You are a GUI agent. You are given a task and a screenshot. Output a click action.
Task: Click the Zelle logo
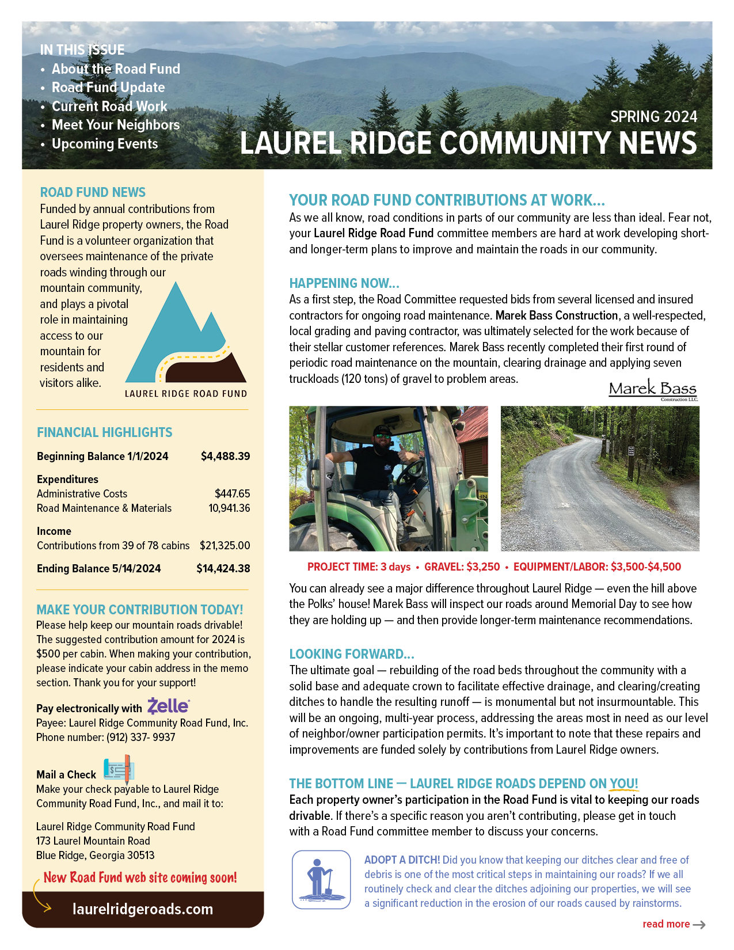(x=168, y=706)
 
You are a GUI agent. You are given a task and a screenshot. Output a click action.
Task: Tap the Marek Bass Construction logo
(x=653, y=390)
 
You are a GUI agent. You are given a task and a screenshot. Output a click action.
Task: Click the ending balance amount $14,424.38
(x=223, y=569)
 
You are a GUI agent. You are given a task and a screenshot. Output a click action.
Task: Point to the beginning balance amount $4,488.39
(x=225, y=457)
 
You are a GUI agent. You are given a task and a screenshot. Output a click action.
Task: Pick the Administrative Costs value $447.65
(x=232, y=494)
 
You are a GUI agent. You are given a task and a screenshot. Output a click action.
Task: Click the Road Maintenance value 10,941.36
(x=229, y=508)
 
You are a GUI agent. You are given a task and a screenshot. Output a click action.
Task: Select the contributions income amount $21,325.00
(x=225, y=546)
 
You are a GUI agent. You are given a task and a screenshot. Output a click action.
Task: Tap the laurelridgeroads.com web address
(x=143, y=909)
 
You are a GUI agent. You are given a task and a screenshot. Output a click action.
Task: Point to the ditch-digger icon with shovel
(x=321, y=880)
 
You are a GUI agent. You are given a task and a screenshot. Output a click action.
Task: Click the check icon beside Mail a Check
(x=119, y=769)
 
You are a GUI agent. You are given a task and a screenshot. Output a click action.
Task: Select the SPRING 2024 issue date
(x=653, y=117)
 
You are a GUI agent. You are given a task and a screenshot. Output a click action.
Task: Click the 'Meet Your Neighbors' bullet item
(x=115, y=125)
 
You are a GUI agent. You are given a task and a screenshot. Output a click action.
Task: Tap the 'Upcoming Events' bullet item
(x=105, y=144)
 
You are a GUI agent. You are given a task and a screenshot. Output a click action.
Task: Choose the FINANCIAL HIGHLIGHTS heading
(x=104, y=432)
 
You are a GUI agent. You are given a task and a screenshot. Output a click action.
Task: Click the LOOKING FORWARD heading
(x=351, y=654)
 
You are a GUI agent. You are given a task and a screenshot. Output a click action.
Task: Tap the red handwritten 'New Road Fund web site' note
(x=140, y=877)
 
